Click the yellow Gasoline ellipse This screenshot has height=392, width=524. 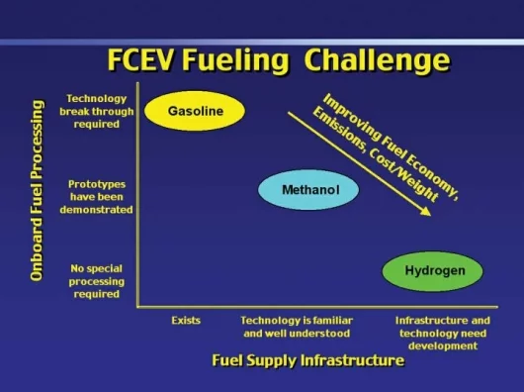click(x=195, y=111)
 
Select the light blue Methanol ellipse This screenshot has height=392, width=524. click(x=308, y=190)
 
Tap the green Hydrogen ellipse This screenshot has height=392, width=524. click(x=432, y=271)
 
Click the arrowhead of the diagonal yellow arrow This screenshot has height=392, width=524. click(x=426, y=212)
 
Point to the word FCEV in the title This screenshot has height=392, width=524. click(x=140, y=60)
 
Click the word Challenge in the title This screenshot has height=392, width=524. click(x=378, y=60)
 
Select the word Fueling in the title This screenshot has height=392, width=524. click(x=236, y=61)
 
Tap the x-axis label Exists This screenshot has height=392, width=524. click(x=186, y=321)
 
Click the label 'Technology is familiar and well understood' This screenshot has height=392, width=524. click(x=297, y=327)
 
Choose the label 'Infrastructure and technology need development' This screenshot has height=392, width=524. click(x=443, y=334)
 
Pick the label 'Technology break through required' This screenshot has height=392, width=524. click(x=97, y=112)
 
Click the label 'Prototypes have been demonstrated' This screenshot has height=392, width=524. click(x=97, y=197)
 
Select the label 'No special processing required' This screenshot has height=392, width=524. click(x=97, y=281)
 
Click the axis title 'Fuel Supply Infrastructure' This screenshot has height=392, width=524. click(x=308, y=360)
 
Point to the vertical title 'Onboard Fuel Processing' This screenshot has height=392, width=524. click(x=37, y=190)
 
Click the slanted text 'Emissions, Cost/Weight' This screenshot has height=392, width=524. click(x=376, y=155)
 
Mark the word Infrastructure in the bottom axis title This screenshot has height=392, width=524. click(x=353, y=360)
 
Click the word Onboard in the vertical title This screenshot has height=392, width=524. click(x=37, y=253)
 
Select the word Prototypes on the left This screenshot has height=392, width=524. click(x=97, y=185)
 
